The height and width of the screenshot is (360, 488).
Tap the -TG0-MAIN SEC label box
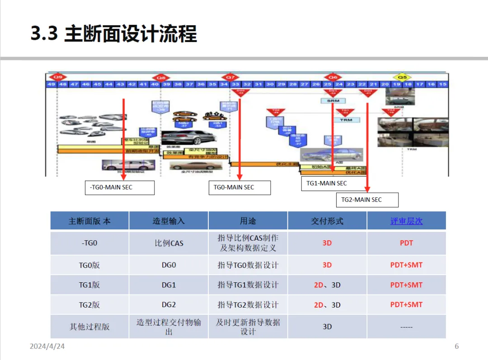point(119,187)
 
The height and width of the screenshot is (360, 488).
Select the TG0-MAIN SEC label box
point(239,187)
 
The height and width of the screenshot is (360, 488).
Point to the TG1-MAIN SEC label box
point(327,183)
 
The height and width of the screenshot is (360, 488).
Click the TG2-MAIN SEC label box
point(367,200)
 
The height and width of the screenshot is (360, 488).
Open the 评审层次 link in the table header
point(406,221)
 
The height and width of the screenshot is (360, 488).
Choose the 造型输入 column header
point(169,221)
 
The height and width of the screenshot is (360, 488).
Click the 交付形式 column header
point(327,221)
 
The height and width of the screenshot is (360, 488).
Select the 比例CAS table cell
point(169,243)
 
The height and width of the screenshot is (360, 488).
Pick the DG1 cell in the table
point(169,285)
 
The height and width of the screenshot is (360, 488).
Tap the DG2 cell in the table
point(169,305)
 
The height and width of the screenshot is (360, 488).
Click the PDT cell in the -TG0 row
point(406,243)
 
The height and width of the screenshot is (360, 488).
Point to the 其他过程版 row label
point(89,327)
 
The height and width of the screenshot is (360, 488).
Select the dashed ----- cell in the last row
point(406,327)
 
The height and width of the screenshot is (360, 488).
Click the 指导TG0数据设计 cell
point(248,265)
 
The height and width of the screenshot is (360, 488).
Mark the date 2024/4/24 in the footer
point(48,346)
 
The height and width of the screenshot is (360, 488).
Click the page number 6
point(456,346)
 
